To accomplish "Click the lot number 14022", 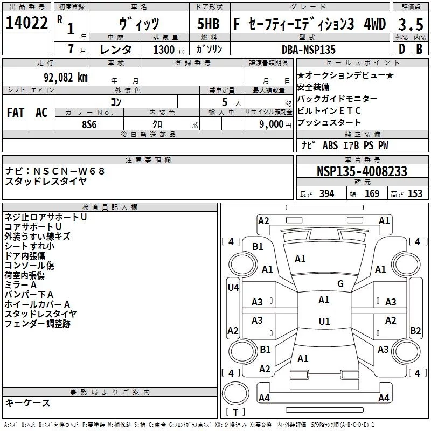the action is tap(26, 23).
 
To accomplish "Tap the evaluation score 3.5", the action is tap(411, 24).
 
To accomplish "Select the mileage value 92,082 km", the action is tap(66, 78).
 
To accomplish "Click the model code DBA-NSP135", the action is tap(309, 50).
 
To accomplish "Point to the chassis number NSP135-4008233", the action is tap(362, 171).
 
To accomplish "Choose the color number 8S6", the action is tap(89, 124).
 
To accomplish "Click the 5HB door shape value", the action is tap(208, 24).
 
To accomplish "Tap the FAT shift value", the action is tap(16, 113).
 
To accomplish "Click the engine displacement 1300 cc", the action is tap(169, 50).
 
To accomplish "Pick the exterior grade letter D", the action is tap(402, 49).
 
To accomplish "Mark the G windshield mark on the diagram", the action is tap(340, 284).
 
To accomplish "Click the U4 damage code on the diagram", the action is tap(233, 288).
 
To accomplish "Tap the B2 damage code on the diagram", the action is tap(415, 330).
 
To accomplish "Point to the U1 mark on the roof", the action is tap(324, 321).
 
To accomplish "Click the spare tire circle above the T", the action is tap(235, 393).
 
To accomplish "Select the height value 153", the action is tap(415, 193).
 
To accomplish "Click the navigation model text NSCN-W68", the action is tap(69, 171).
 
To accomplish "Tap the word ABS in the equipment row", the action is tap(330, 145).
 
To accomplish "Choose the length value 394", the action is tap(326, 193).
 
